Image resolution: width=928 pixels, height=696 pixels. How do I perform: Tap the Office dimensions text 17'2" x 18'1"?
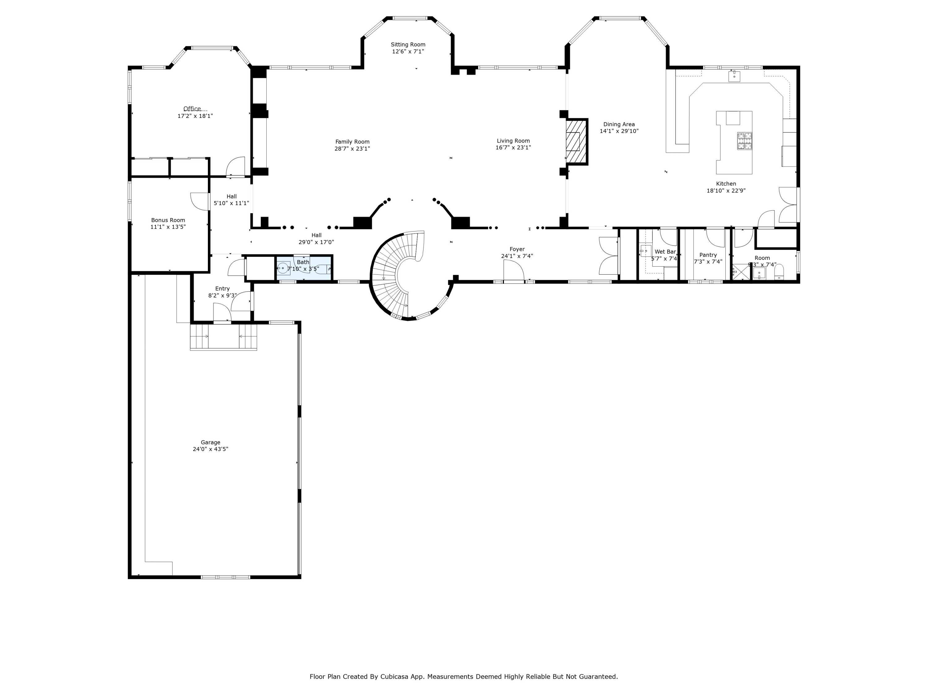point(195,116)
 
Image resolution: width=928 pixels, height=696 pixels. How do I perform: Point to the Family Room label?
point(352,142)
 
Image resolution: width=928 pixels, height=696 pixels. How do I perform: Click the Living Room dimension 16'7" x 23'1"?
point(513,148)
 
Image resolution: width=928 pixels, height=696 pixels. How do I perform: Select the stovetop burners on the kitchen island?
point(745,141)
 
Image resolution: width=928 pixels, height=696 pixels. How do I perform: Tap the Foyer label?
point(517,249)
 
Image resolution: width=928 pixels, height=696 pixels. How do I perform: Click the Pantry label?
point(708,255)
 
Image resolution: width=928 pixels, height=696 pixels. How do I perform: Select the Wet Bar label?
point(665,252)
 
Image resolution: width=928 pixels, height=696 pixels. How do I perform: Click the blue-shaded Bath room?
point(304,267)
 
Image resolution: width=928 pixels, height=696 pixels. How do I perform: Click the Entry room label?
point(222,289)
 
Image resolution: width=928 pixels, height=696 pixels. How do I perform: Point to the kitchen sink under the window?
point(734,76)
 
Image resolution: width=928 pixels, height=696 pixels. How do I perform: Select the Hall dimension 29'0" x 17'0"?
point(316,242)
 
